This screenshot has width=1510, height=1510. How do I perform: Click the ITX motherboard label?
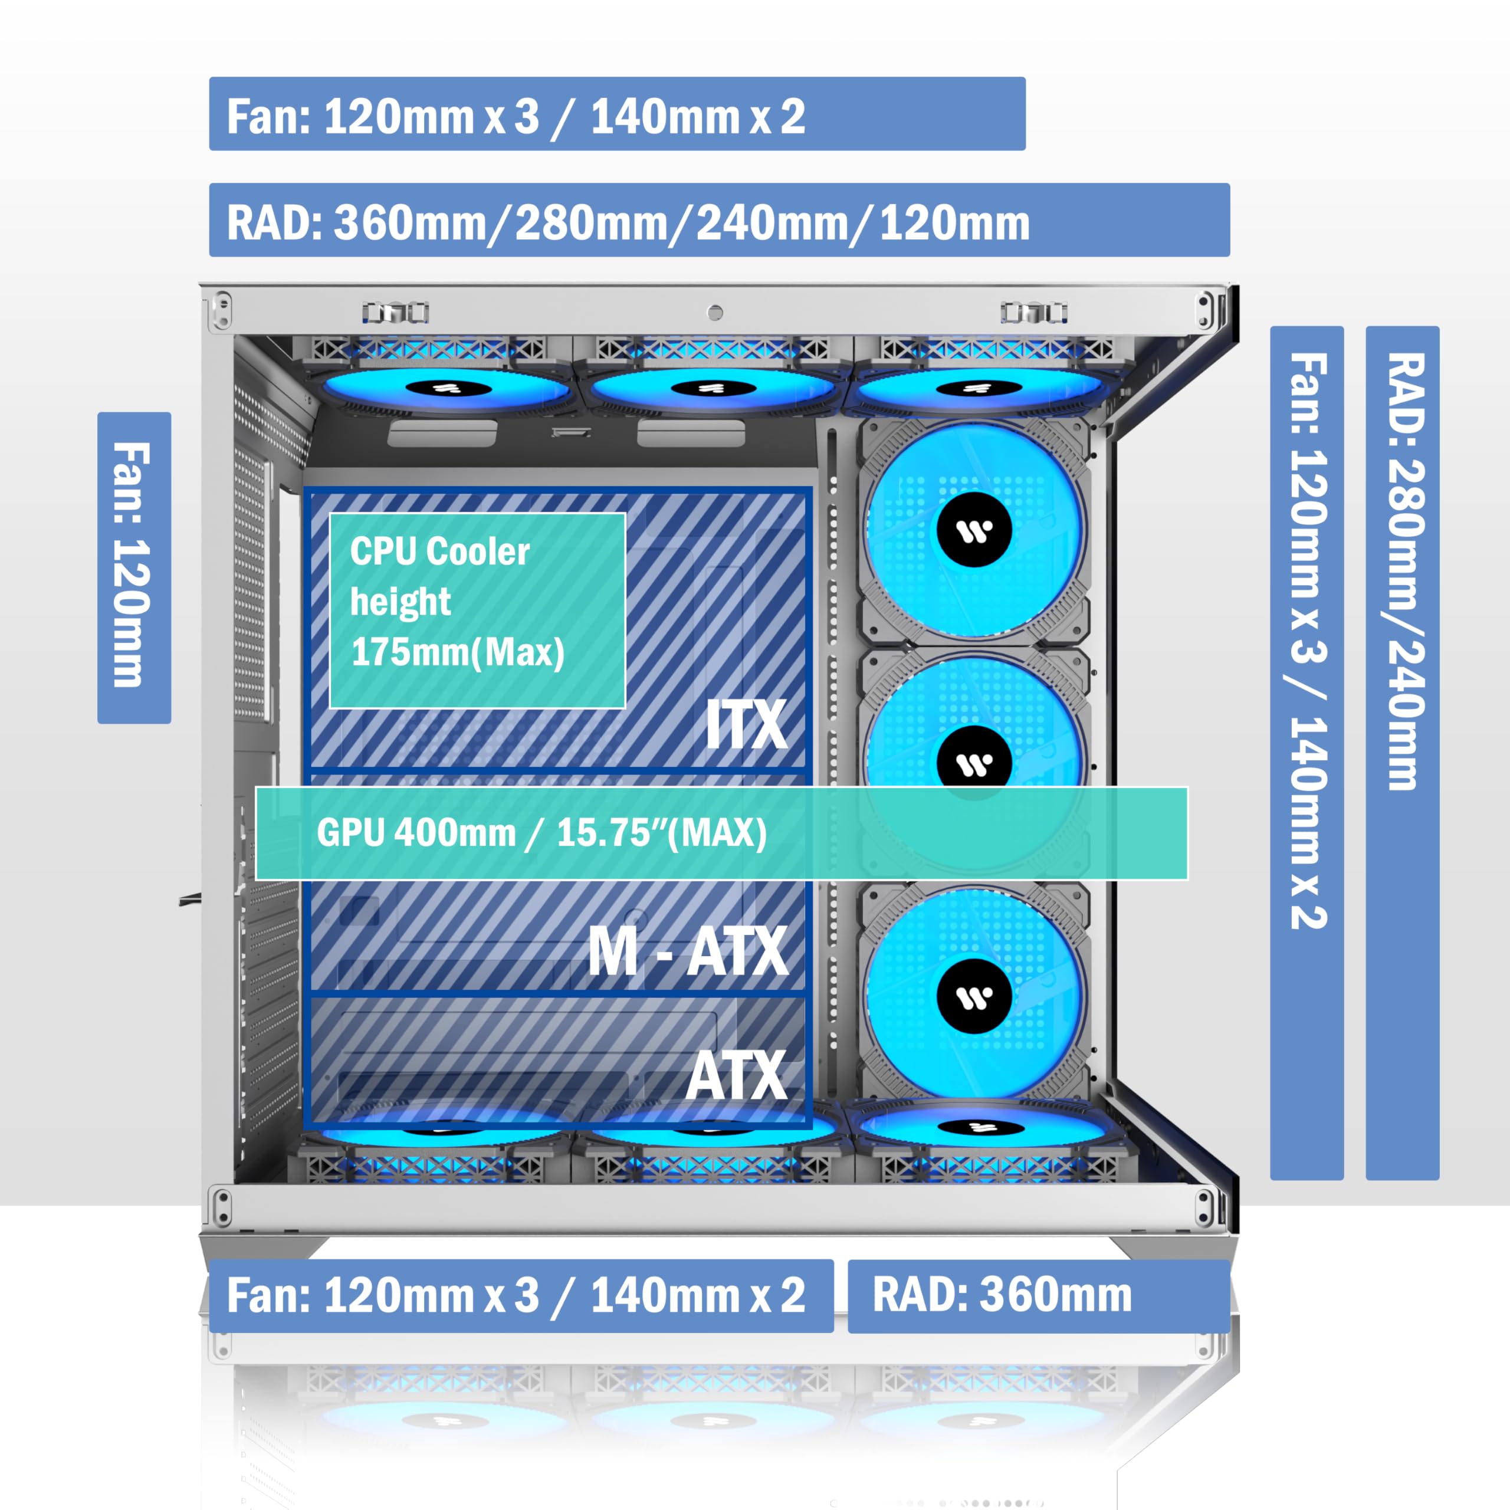coord(746,724)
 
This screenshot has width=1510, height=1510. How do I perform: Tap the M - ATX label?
coord(688,951)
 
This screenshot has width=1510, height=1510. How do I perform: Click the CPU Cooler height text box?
coord(478,610)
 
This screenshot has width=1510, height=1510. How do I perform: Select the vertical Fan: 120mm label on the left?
coord(134,567)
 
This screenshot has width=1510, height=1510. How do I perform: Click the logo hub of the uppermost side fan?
coord(974,531)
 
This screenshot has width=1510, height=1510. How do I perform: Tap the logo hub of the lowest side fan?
coord(974,997)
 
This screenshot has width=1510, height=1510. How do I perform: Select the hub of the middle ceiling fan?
coord(710,388)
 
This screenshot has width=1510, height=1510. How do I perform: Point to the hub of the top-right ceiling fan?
coord(978,388)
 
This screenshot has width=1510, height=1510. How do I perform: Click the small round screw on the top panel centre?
coord(714,313)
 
